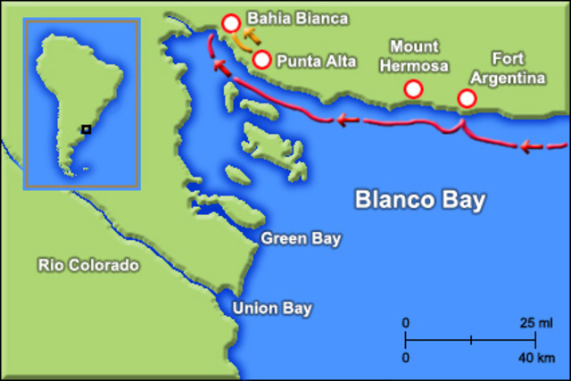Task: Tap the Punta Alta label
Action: (316, 61)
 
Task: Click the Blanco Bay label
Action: (420, 198)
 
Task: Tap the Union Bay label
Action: (272, 310)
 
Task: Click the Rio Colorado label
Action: (88, 265)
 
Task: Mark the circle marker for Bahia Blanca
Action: (231, 24)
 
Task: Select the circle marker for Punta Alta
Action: (261, 60)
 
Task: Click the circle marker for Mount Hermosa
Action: (413, 88)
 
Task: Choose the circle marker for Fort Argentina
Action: (467, 98)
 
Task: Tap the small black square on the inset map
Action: (86, 129)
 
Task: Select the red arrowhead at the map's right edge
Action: (528, 146)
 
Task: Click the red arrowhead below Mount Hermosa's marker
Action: (343, 119)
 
